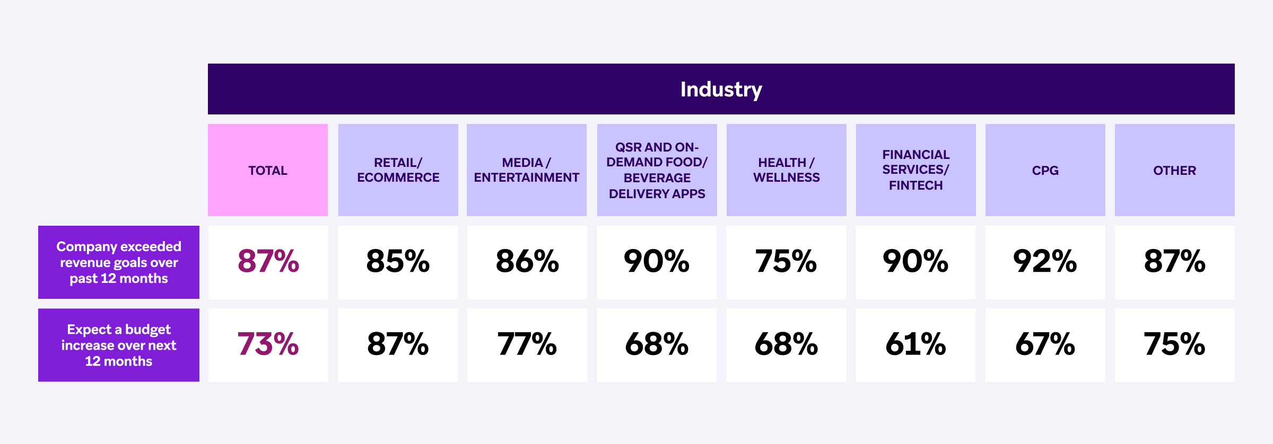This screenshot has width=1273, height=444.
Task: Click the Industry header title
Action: point(721,89)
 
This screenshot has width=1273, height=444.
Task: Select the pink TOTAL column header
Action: point(268,170)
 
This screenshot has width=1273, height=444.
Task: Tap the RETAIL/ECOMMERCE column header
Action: point(398,170)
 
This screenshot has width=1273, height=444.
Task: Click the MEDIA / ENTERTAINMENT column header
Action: point(527,170)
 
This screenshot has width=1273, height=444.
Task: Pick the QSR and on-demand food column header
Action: point(657,170)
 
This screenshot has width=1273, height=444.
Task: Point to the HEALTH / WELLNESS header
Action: point(786,170)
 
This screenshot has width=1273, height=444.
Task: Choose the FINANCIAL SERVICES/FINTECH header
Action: point(915,170)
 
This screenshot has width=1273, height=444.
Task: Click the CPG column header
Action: point(1045,170)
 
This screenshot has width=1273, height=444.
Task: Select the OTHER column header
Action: point(1174,170)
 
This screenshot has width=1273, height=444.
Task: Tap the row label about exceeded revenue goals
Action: point(119,262)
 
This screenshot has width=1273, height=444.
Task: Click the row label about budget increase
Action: point(119,345)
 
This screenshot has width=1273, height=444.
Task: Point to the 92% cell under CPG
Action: point(1045,261)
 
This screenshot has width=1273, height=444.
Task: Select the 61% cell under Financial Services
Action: point(915,344)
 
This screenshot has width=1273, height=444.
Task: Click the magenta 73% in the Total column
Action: point(268,344)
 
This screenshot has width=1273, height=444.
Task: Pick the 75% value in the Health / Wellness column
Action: point(786,261)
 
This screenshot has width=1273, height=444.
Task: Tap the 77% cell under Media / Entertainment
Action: point(527,344)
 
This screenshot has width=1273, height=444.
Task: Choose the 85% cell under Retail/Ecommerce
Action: point(398,261)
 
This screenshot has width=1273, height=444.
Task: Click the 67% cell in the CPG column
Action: point(1045,344)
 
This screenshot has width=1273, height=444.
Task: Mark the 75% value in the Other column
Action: point(1174,344)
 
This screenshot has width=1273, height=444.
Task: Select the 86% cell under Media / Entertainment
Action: point(527,261)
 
